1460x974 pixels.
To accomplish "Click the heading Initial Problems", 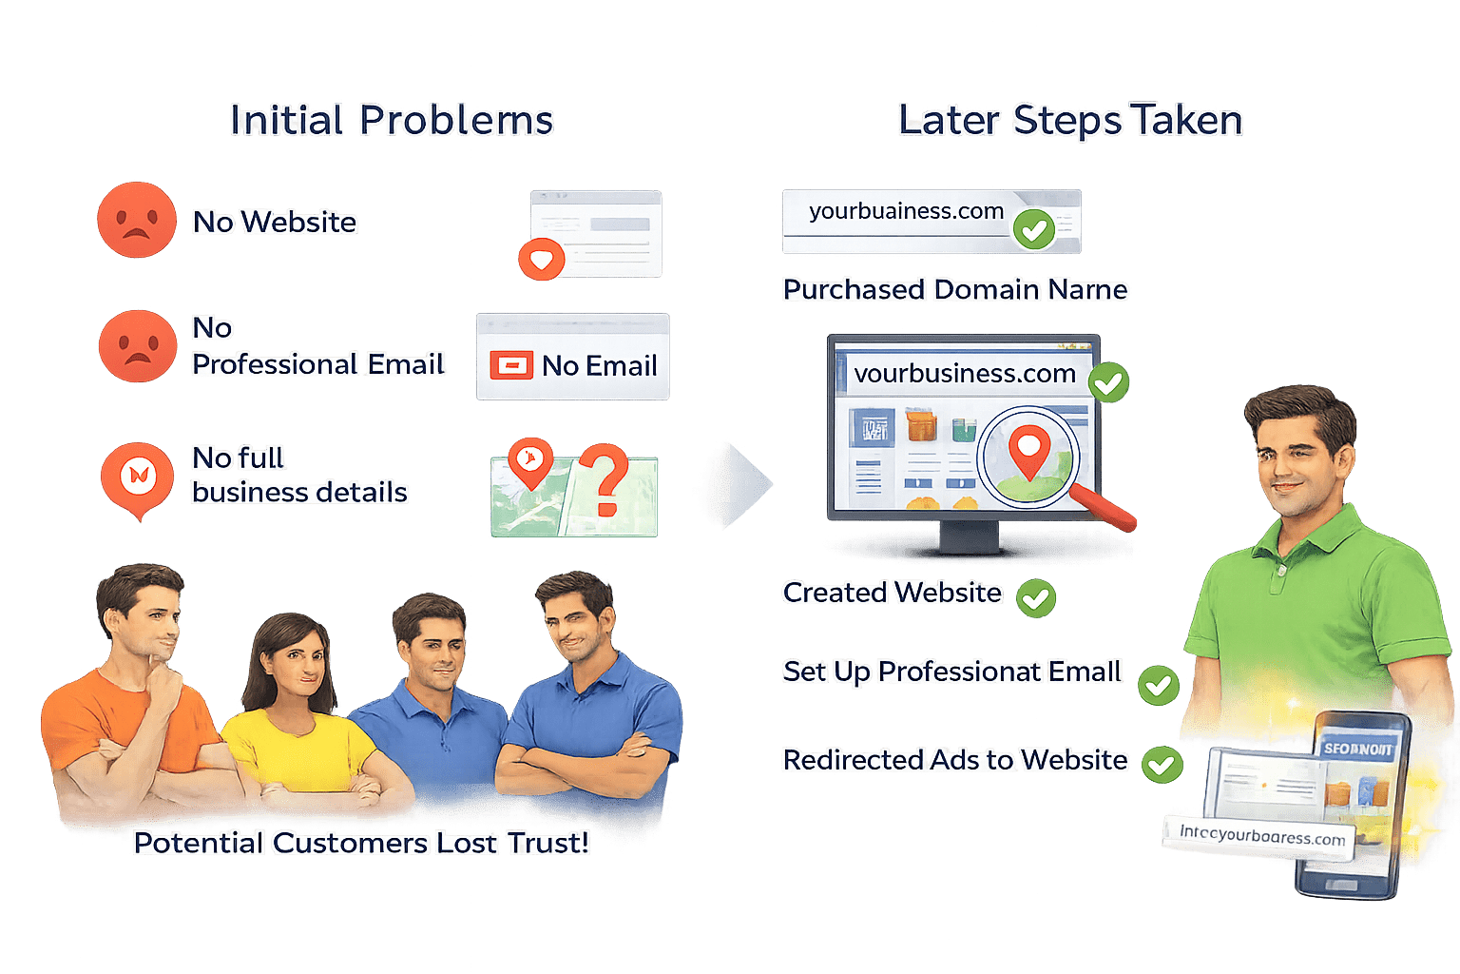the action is point(391,121).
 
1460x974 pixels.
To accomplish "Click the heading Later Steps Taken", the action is point(1070,121).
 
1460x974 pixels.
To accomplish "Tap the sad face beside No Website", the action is point(137,220).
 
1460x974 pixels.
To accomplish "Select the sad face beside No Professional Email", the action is point(138,345).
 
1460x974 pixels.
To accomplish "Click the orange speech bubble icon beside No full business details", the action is point(139,476).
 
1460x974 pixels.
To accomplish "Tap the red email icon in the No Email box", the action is point(511,365).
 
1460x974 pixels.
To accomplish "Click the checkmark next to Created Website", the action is point(1036,598).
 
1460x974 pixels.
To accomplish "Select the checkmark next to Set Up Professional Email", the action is point(1159,685).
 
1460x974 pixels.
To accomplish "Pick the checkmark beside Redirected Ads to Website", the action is point(1161,764).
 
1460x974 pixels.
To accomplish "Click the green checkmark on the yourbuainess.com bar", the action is point(1033,228).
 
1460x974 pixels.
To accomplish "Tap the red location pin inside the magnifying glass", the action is point(1028,451).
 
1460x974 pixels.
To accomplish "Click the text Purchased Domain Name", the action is point(955,289).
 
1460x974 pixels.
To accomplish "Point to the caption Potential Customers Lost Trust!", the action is point(361,843).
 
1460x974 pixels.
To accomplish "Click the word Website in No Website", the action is point(298,222).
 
